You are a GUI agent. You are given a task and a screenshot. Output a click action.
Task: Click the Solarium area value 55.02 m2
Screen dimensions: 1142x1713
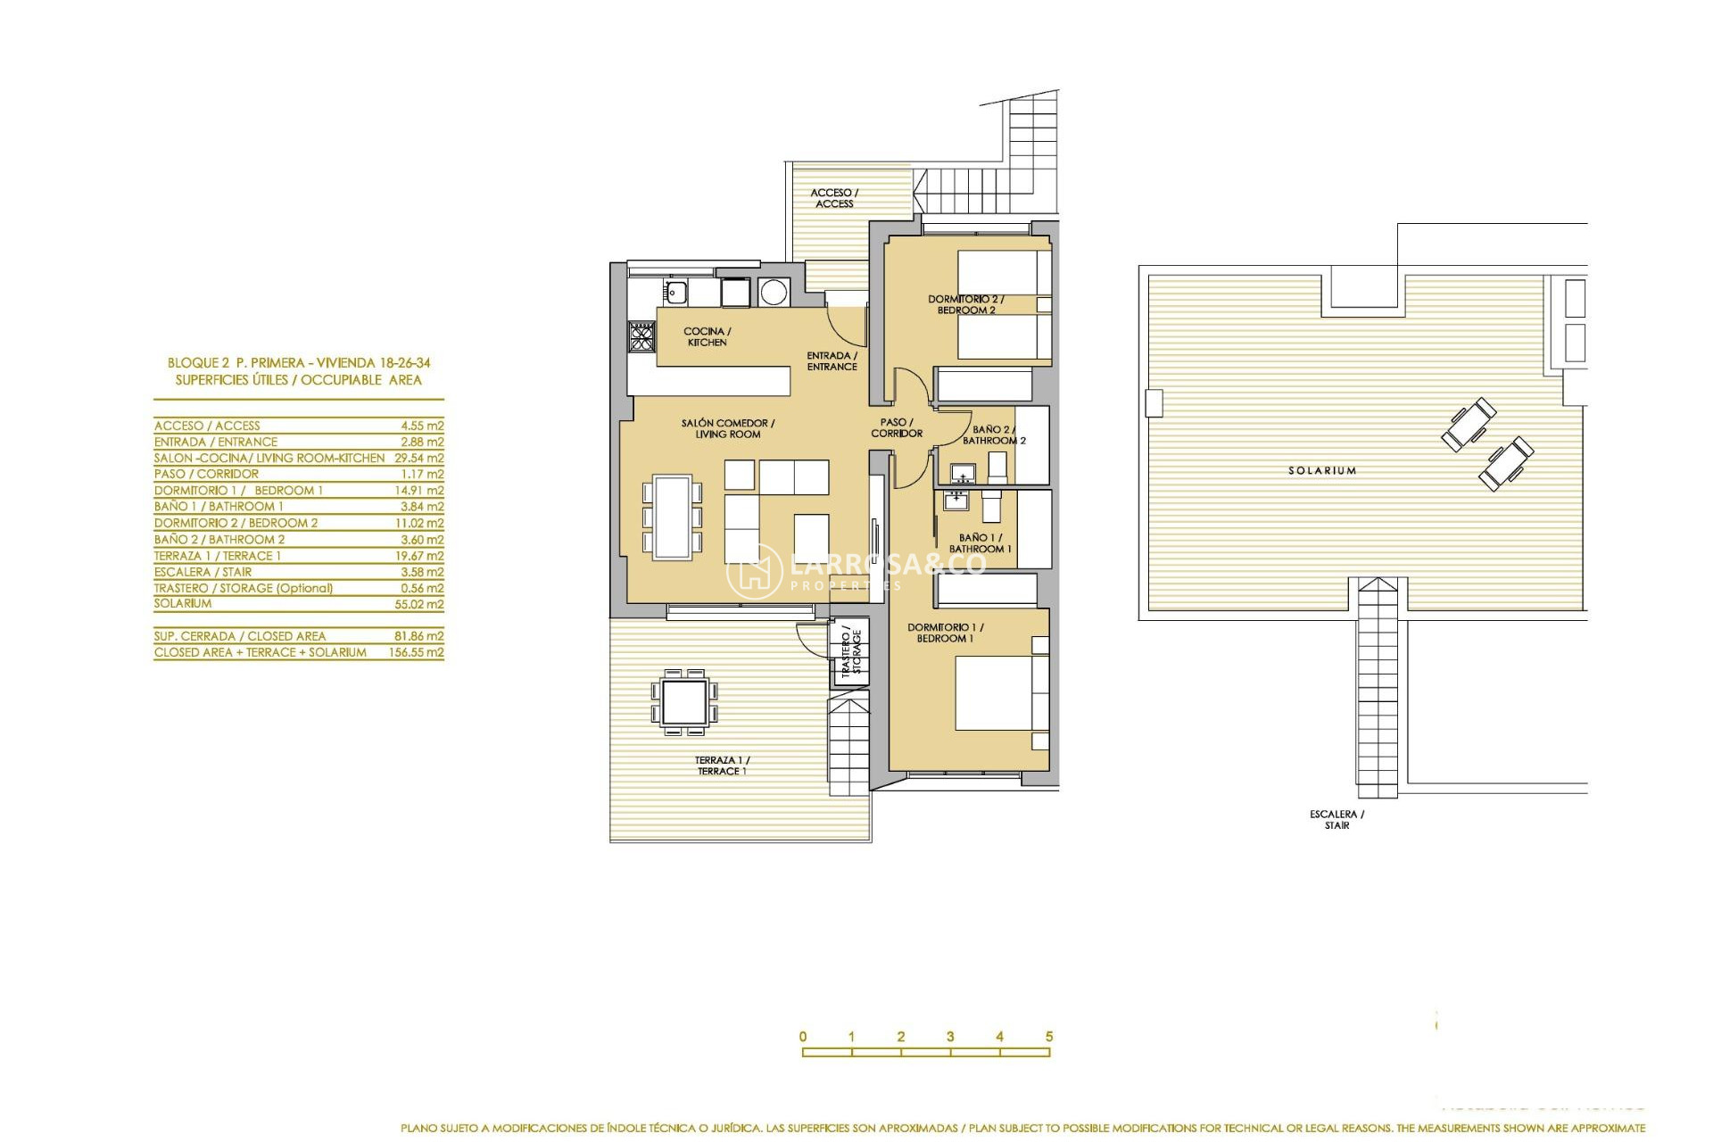click(421, 604)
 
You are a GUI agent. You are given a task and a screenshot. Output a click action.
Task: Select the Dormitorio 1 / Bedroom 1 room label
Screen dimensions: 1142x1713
click(945, 633)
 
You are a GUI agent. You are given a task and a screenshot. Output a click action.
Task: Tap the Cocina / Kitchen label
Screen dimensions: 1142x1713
click(707, 336)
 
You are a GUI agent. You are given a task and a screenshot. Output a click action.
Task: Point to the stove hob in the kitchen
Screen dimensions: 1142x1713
click(641, 336)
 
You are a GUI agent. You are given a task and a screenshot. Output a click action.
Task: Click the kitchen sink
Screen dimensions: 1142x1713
click(674, 291)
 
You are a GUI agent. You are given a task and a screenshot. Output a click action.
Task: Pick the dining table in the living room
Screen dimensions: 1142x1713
click(672, 517)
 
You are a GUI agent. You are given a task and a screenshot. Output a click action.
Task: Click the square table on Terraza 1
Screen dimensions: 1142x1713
click(685, 701)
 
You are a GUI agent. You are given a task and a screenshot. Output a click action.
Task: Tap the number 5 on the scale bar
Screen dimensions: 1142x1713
click(1049, 1037)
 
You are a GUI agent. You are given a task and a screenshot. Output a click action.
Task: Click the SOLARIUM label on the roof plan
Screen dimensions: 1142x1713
click(1321, 470)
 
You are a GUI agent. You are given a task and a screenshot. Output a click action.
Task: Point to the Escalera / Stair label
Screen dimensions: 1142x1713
click(1336, 819)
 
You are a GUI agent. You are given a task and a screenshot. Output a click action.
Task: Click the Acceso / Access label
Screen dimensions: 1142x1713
click(833, 198)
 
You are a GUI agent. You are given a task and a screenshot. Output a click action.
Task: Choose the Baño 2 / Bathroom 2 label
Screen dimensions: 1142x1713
click(993, 434)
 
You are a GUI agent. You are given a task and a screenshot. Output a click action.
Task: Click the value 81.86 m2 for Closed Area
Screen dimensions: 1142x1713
click(421, 636)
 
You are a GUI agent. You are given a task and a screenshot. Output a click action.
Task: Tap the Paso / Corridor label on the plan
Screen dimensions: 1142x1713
click(897, 427)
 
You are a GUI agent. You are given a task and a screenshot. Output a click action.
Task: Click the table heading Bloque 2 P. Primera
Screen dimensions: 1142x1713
click(299, 363)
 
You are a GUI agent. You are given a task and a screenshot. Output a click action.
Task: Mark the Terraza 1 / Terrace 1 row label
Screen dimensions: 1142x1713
click(218, 556)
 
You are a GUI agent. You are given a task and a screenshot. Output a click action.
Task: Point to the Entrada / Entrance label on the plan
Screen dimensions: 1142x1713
click(832, 360)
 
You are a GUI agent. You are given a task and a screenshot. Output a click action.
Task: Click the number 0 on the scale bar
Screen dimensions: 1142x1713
click(803, 1037)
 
